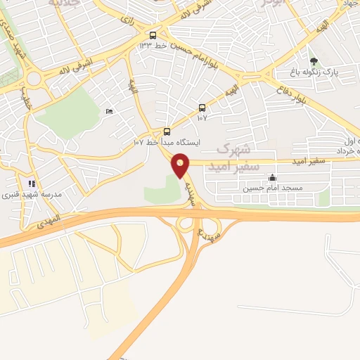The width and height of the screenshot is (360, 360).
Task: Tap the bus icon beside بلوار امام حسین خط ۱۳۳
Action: coord(153,34)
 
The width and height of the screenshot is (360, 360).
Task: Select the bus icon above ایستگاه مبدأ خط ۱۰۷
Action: coord(167,131)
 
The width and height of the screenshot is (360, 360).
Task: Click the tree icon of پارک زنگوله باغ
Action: coord(314,61)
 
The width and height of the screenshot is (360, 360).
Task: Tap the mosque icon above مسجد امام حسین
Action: coord(272,177)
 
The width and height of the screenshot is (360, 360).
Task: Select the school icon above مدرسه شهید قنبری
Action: coord(32,184)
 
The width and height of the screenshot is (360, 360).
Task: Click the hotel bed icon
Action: coord(108,112)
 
